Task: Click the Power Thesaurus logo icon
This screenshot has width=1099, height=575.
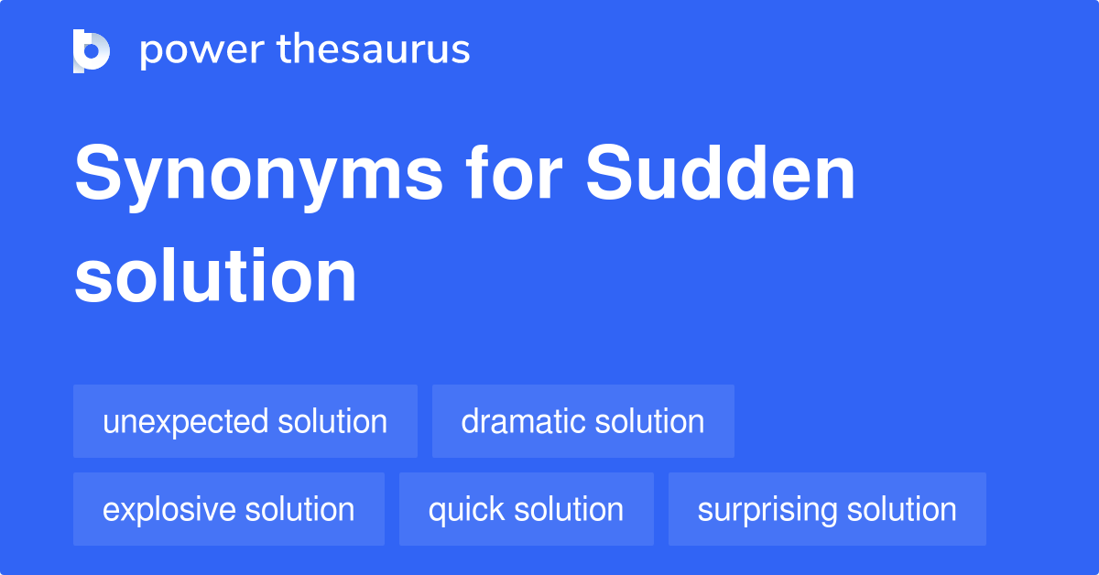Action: click(92, 50)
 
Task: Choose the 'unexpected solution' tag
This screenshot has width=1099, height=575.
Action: click(245, 422)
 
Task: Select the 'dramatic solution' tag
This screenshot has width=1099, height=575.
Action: click(582, 422)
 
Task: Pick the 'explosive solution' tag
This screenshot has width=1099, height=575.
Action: click(228, 510)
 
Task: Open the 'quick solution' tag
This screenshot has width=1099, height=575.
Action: click(526, 510)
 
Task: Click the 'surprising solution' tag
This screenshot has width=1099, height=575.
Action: click(826, 510)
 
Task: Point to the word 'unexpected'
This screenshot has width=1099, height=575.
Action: click(186, 422)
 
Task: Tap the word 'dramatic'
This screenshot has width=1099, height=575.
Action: click(523, 422)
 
